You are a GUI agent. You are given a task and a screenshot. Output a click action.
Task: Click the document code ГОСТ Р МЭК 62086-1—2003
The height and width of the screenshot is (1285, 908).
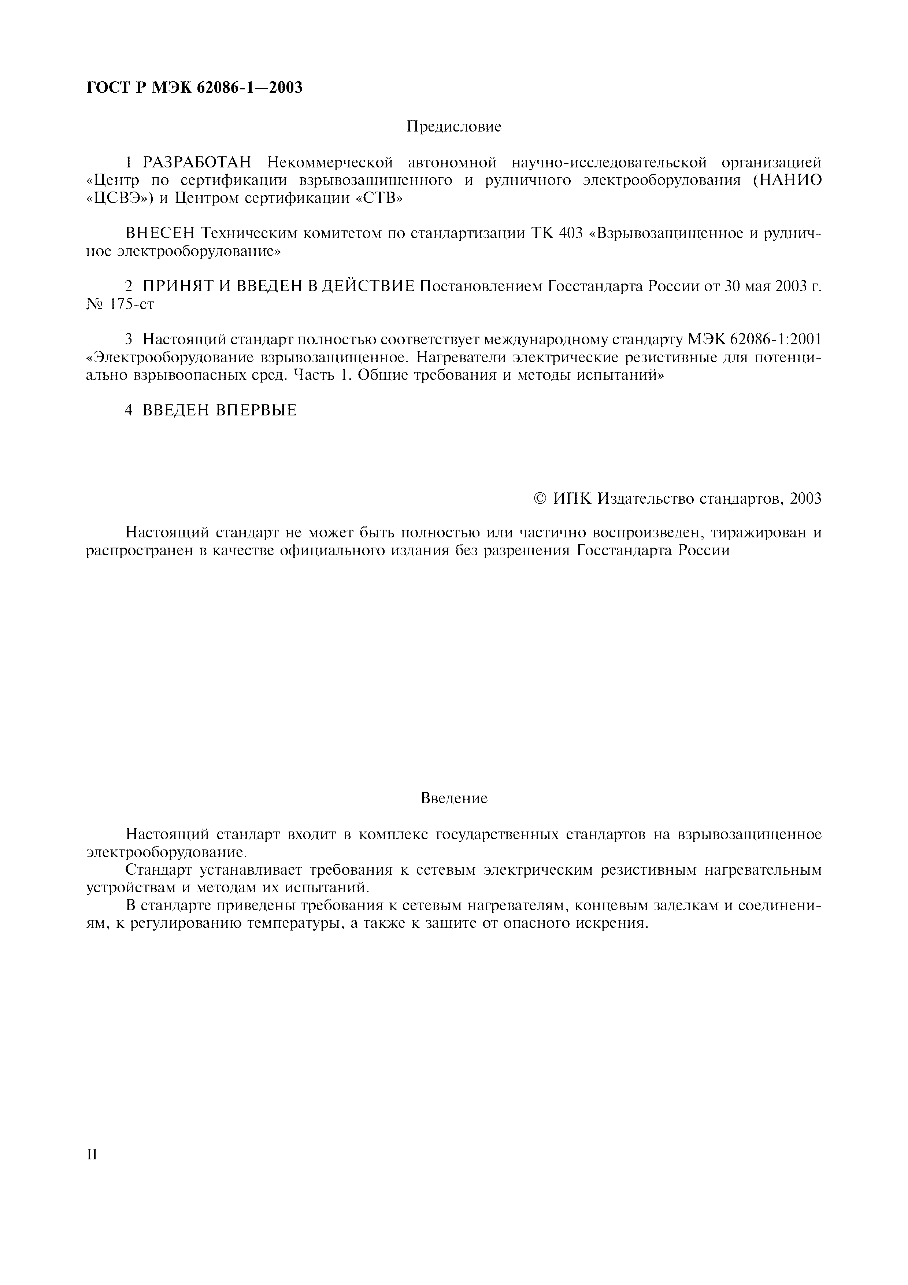194,88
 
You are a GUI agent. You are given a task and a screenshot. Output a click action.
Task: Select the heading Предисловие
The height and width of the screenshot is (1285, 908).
454,127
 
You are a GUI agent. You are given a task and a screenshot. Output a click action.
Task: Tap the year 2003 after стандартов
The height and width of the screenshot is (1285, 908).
805,499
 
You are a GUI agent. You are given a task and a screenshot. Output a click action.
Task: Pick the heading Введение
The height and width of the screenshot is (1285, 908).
454,798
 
